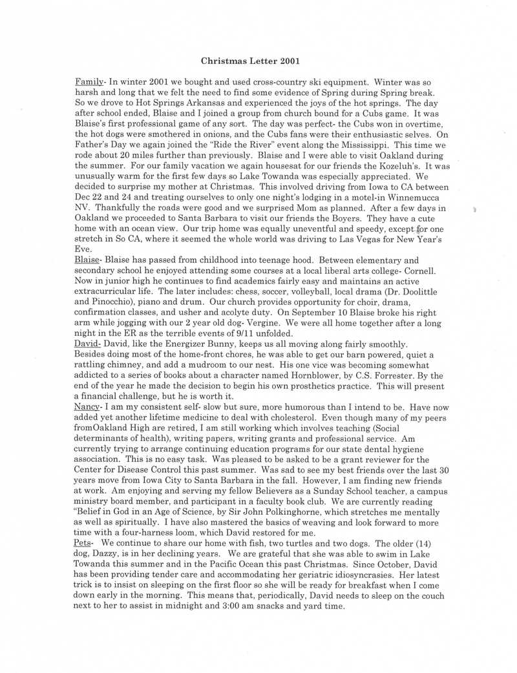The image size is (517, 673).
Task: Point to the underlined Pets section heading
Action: click(x=84, y=543)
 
